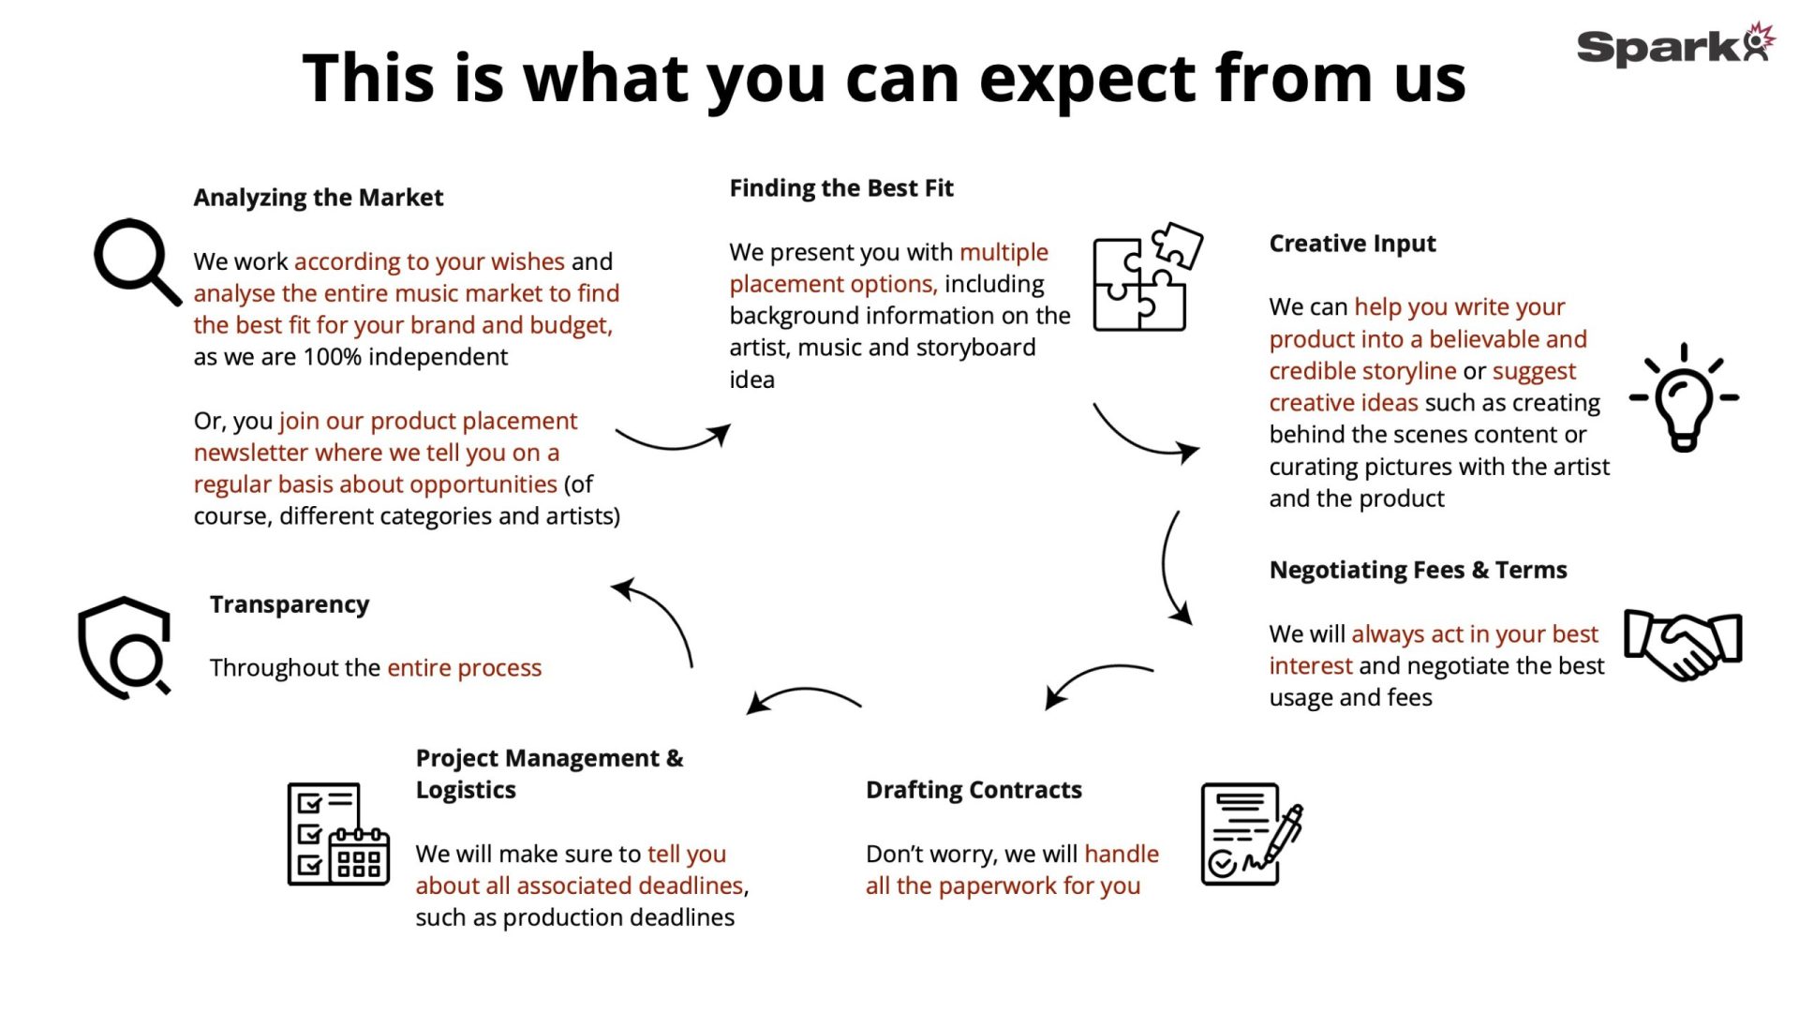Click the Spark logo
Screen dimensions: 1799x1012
pos(1675,45)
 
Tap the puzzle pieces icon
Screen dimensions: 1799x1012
pos(1148,277)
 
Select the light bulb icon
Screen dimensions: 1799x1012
pos(1684,397)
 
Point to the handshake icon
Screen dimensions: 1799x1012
pos(1683,644)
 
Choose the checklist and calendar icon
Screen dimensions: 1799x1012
pos(338,834)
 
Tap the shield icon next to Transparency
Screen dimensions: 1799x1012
pos(125,647)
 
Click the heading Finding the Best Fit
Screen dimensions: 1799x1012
pos(841,188)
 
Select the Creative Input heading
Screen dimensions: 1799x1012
pos(1352,244)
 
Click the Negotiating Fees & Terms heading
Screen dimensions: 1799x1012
pos(1418,570)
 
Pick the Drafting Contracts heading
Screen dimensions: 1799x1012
pos(974,790)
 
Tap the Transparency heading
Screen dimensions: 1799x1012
pos(290,604)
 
